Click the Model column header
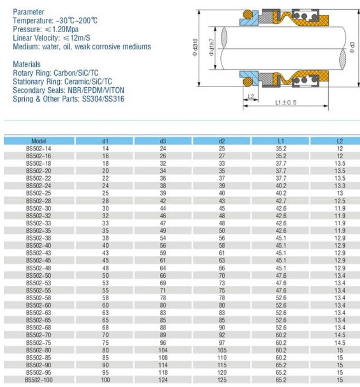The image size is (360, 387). [x=39, y=141]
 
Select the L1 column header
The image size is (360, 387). [x=281, y=141]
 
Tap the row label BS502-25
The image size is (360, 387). [x=39, y=193]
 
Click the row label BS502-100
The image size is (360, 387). [x=39, y=380]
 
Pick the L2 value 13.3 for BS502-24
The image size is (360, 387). [x=340, y=185]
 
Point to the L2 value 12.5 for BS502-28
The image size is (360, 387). [x=340, y=201]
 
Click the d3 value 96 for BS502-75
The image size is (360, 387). [x=163, y=342]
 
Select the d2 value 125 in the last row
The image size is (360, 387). [x=222, y=380]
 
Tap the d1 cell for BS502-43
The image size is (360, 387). [x=105, y=252]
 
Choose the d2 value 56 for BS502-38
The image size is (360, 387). [x=222, y=238]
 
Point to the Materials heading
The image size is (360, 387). [x=27, y=65]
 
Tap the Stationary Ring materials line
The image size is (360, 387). [x=62, y=82]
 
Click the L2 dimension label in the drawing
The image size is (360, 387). [x=251, y=96]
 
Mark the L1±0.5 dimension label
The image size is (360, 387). [x=285, y=102]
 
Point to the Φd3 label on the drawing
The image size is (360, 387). [x=352, y=47]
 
